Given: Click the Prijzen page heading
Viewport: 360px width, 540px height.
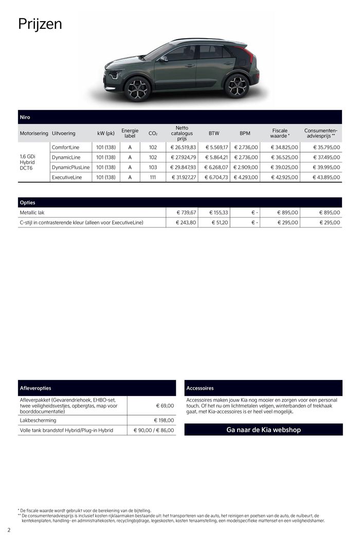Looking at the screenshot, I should pyautogui.click(x=40, y=24).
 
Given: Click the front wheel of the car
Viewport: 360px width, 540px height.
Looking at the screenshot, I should pyautogui.click(x=137, y=89).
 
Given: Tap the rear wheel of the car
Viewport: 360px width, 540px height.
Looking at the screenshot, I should pyautogui.click(x=237, y=86).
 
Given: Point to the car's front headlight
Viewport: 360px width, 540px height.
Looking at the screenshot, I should pyautogui.click(x=113, y=75).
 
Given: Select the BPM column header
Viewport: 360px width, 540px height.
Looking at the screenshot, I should pyautogui.click(x=245, y=133).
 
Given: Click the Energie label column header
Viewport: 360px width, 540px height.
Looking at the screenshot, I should pyautogui.click(x=130, y=133).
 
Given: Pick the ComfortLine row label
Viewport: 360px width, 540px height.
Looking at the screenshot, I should pyautogui.click(x=65, y=147).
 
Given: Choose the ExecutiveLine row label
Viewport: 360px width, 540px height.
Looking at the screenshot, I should pyautogui.click(x=67, y=177).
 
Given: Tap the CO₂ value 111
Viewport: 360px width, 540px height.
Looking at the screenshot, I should pyautogui.click(x=153, y=177).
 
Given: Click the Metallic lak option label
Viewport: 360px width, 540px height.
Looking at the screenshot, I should pyautogui.click(x=32, y=212).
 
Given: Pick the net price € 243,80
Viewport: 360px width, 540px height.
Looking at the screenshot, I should pyautogui.click(x=185, y=223).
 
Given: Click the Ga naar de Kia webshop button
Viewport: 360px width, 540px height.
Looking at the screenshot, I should pyautogui.click(x=263, y=429).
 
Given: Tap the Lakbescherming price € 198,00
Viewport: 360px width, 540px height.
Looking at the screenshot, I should pyautogui.click(x=164, y=420).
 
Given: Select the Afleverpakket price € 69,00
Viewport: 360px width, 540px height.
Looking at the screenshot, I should pyautogui.click(x=165, y=406).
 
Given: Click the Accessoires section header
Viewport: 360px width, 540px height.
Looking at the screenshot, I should pyautogui.click(x=200, y=388).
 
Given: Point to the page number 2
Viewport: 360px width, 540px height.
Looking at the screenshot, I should pyautogui.click(x=9, y=530).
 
